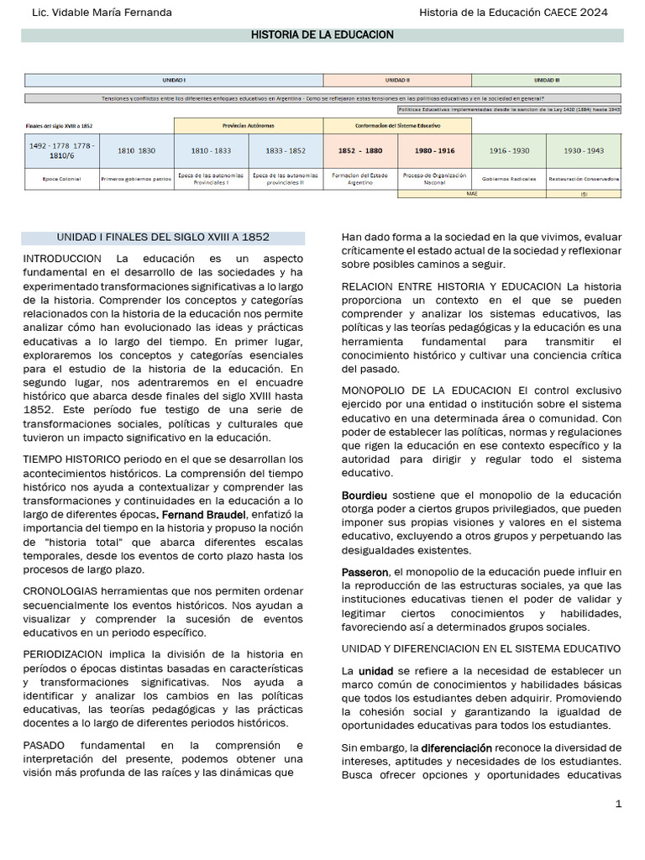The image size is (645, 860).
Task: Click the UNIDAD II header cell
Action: tap(397, 80)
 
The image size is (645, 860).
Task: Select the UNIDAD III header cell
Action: tap(547, 80)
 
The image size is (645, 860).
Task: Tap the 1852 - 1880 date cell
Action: tap(360, 150)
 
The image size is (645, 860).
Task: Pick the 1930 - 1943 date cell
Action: tap(584, 150)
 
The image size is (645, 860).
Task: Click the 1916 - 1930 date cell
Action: tap(509, 150)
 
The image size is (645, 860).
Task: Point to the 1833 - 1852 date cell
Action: tap(286, 150)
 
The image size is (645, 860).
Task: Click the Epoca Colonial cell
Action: tap(61, 179)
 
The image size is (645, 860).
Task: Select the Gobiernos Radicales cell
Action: tap(509, 179)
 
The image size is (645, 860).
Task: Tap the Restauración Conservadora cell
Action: tap(584, 179)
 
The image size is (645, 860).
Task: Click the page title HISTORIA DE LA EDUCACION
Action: tap(323, 34)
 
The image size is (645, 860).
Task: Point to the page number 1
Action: tap(618, 804)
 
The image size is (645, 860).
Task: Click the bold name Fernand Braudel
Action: tap(203, 514)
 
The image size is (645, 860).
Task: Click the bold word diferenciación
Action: tap(456, 747)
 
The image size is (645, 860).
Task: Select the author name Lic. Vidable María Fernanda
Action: tap(101, 13)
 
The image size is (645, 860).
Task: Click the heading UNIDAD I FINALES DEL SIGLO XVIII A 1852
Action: tap(163, 238)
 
